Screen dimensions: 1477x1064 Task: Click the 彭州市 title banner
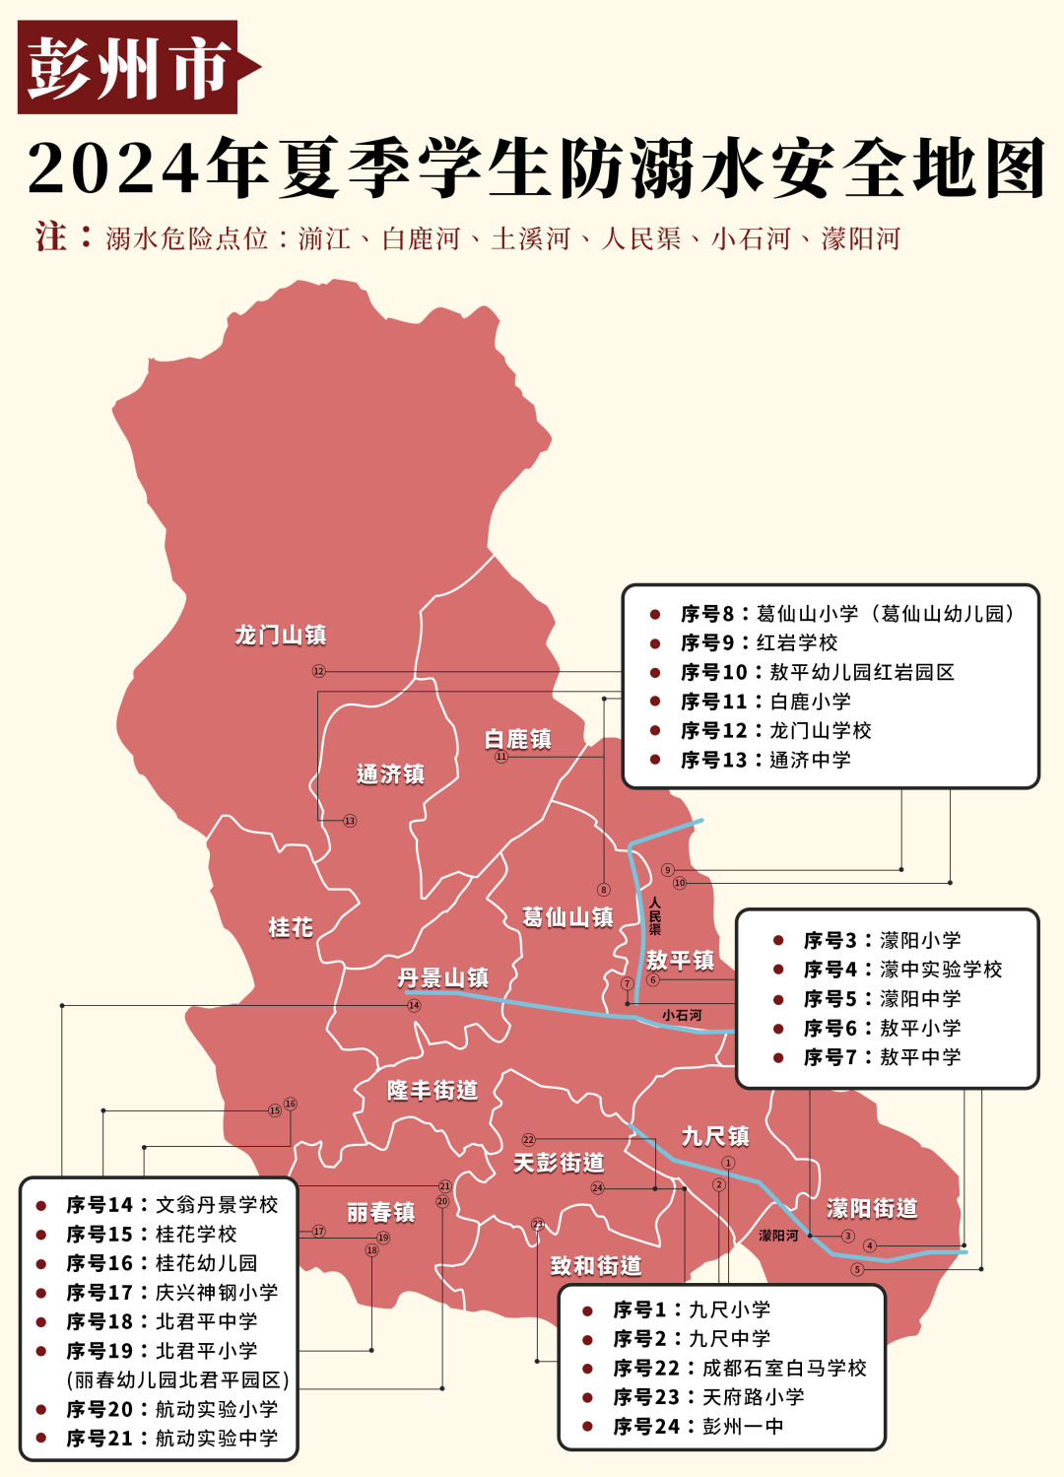click(x=128, y=67)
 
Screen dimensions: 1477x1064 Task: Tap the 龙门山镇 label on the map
click(x=281, y=636)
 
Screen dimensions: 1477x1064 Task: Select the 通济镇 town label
click(x=391, y=774)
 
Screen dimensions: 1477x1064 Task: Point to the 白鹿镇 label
click(x=518, y=739)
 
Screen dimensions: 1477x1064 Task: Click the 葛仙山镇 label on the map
click(x=567, y=917)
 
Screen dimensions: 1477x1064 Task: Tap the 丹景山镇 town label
click(x=443, y=977)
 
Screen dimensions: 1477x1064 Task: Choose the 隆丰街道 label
click(x=432, y=1090)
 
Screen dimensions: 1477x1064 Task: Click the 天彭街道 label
click(x=559, y=1163)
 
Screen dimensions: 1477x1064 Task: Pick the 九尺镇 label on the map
click(x=715, y=1136)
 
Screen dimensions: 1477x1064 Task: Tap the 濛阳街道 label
click(x=872, y=1208)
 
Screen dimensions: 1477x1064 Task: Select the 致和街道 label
click(x=596, y=1265)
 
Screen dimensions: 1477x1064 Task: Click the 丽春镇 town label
click(x=381, y=1212)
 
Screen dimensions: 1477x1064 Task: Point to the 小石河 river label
click(x=682, y=1015)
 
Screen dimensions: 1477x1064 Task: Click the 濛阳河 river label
click(x=778, y=1236)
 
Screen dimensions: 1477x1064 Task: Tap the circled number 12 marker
click(x=318, y=671)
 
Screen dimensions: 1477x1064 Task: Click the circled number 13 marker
click(x=350, y=821)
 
